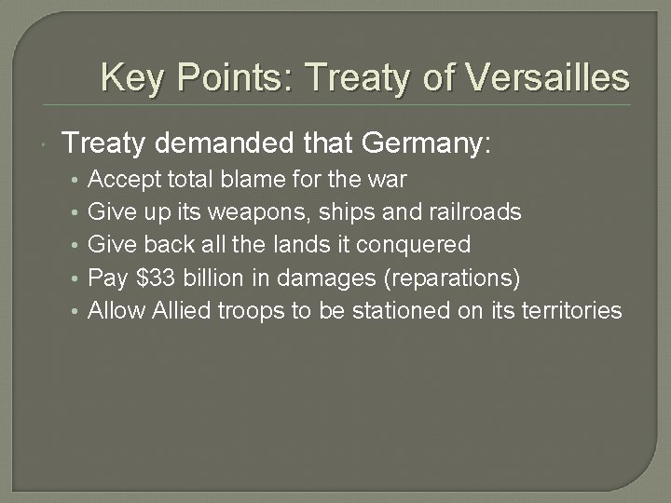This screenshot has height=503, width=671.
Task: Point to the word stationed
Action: pos(401,310)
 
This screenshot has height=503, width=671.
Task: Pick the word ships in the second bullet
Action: pos(341,211)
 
